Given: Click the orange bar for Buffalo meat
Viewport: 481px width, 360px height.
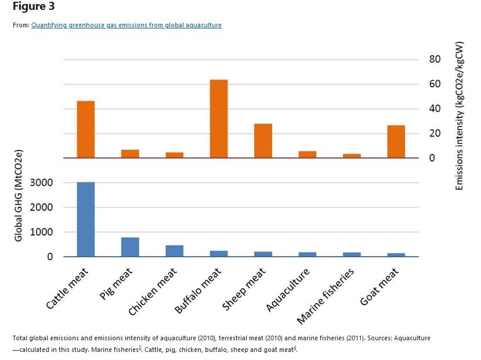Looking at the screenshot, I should tap(219, 118).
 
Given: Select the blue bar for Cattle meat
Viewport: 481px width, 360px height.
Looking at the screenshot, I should tap(86, 219).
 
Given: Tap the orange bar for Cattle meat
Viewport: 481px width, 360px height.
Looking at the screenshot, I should tap(86, 129).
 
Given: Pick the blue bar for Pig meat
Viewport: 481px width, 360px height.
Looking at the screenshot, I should tap(130, 247).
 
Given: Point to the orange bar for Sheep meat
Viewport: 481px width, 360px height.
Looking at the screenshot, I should tap(263, 141).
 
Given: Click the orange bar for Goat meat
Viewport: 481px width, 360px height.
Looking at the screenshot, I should tap(396, 142).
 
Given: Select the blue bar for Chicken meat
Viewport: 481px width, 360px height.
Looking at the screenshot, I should tap(174, 251).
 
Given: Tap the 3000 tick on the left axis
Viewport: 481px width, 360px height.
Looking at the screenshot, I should tap(42, 182).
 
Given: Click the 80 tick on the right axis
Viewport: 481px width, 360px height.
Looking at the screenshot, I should tap(435, 59).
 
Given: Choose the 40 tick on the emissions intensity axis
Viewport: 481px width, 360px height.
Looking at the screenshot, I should tap(435, 109).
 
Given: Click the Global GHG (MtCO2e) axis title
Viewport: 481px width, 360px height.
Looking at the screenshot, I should tap(19, 196).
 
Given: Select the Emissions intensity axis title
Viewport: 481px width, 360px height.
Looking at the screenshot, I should tap(460, 116).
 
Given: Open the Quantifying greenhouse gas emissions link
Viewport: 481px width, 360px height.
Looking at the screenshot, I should tap(126, 25).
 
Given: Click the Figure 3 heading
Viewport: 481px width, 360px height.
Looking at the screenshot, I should tap(29, 7).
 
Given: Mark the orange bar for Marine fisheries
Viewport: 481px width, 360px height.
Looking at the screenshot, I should tap(352, 156).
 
